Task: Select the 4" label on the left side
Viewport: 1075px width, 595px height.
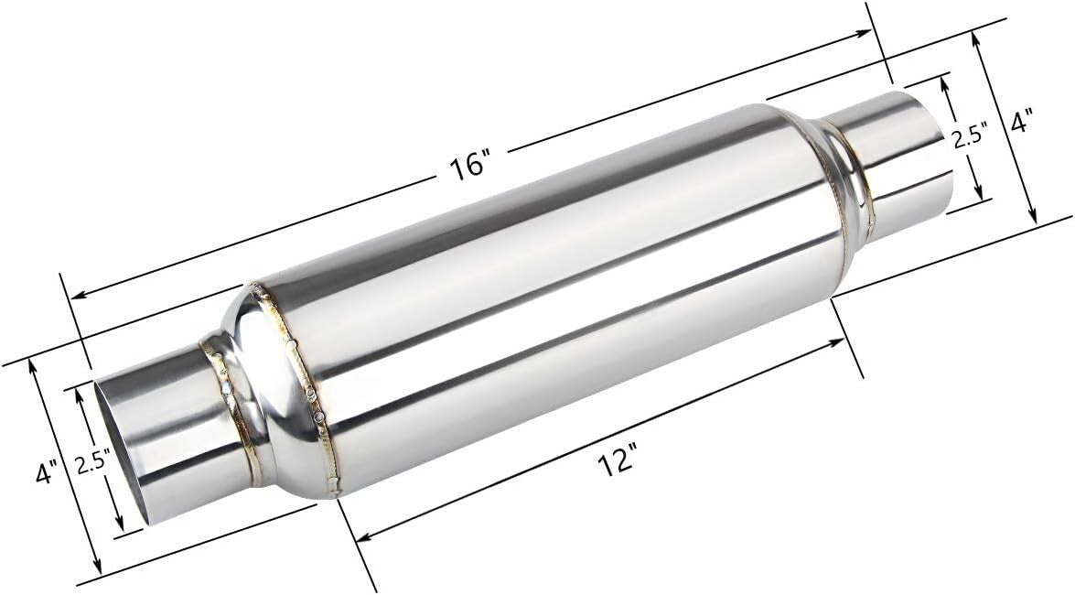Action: pos(46,472)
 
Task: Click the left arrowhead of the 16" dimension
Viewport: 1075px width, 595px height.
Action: pos(77,295)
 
